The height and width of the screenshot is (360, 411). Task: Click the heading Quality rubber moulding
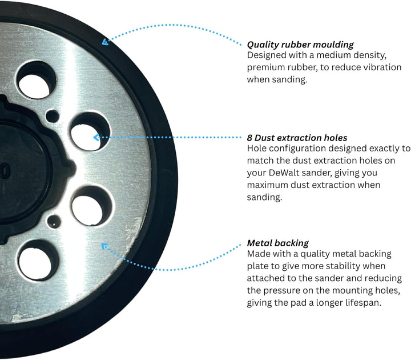[x=300, y=45]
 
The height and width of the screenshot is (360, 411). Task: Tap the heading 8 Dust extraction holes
[x=297, y=138]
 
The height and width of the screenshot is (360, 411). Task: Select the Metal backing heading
[x=278, y=243]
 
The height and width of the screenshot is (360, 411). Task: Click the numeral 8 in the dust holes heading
[x=249, y=138]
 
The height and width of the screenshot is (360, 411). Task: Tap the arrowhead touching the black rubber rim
[x=106, y=42]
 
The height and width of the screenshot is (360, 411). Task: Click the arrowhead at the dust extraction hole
[x=96, y=137]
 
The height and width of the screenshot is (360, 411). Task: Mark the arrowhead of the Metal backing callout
[x=104, y=246]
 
